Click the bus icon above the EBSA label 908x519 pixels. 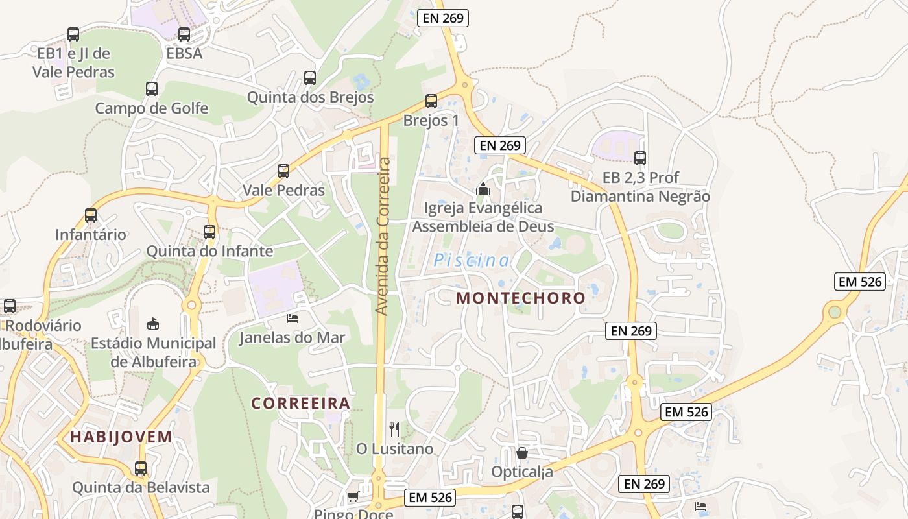click(184, 34)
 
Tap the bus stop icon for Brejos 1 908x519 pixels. click(431, 101)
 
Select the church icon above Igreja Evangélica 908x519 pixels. click(483, 189)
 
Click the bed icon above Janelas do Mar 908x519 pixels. click(293, 318)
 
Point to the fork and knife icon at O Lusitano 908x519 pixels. click(394, 429)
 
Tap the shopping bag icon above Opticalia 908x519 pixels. click(522, 452)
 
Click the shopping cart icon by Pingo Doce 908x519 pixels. click(353, 497)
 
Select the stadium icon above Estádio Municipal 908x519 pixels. click(153, 323)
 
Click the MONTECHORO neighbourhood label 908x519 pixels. click(521, 298)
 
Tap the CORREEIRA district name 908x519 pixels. click(301, 403)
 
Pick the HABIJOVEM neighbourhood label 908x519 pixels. click(121, 437)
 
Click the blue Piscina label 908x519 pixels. click(472, 261)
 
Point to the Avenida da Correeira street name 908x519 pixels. click(384, 236)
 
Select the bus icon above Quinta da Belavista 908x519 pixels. click(141, 468)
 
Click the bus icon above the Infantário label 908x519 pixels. click(91, 215)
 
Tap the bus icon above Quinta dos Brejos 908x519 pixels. click(310, 78)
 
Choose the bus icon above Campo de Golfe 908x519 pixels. click(152, 89)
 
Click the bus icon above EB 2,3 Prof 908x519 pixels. click(640, 158)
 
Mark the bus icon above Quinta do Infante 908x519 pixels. click(209, 232)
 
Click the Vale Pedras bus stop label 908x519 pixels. click(283, 190)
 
